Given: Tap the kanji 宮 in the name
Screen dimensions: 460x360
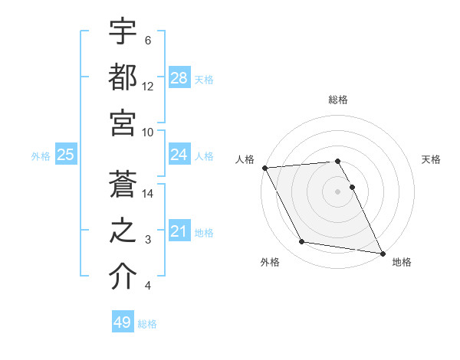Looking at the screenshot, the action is point(123,121).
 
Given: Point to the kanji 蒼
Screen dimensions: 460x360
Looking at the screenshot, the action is point(123,185).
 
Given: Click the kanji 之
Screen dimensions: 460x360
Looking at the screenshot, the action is point(123,231).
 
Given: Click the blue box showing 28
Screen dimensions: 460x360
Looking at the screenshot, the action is point(179,77).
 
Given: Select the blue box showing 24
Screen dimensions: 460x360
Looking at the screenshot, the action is point(179,155).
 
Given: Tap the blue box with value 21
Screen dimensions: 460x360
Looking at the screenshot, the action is point(179,231).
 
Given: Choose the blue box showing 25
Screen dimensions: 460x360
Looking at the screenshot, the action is point(66,155).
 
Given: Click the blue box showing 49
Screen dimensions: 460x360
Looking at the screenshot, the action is point(123,322).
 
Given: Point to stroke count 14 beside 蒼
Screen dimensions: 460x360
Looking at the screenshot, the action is point(149,194).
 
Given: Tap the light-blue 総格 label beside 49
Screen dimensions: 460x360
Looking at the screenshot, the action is point(147,324).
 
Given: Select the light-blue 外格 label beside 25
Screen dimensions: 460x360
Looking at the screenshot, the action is point(41,156).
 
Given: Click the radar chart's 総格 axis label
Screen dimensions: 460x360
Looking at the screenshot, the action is point(338,100).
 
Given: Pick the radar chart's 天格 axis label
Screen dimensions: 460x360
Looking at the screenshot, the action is point(432,159).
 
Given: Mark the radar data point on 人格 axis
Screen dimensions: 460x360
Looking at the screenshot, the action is point(264,168).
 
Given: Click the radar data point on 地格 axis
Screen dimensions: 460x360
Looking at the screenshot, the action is point(382,252).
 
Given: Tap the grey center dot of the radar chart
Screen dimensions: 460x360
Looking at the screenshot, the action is point(338,191).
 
